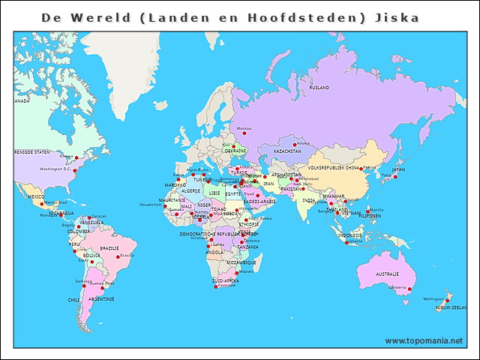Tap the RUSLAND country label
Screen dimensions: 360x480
tap(319, 88)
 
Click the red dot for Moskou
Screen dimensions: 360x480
tap(243, 133)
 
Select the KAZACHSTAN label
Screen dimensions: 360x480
tap(287, 151)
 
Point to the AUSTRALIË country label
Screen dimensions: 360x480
tap(387, 274)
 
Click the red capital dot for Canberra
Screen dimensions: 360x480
tap(409, 289)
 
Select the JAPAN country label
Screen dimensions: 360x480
tap(398, 169)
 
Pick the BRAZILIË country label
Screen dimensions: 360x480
tap(109, 247)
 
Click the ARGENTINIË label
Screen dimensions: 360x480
tap(101, 298)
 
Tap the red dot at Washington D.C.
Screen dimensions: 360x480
tap(74, 170)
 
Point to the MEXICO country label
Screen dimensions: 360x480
tap(36, 196)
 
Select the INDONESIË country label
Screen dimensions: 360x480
tap(350, 235)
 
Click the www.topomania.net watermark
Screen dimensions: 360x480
tap(424, 340)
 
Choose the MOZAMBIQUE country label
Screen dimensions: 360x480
tap(242, 262)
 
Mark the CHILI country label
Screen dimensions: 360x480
tap(73, 299)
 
